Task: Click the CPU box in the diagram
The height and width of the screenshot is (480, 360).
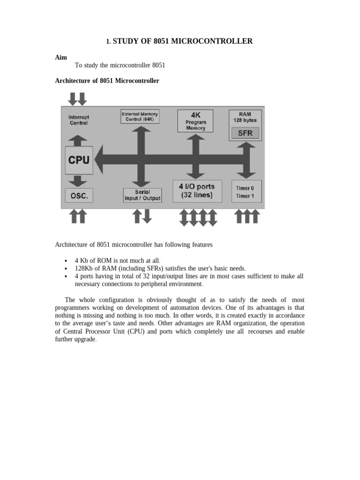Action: coord(78,160)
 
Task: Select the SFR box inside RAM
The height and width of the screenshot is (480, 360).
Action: coord(245,133)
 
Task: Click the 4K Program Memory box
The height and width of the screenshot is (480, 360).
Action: coord(195,120)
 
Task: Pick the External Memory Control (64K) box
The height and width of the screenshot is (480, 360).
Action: coord(140,116)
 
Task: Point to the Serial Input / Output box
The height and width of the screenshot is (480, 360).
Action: coord(142,195)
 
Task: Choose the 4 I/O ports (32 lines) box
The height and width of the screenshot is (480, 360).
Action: coord(196,191)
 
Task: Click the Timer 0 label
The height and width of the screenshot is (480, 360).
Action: coord(245,188)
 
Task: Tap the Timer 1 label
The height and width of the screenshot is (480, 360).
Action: coord(245,196)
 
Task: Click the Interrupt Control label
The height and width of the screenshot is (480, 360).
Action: coord(78,120)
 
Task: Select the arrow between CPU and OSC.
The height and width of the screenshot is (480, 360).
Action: coord(78,181)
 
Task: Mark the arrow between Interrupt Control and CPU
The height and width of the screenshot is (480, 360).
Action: coord(78,140)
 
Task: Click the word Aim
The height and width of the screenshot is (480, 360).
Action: coord(61,58)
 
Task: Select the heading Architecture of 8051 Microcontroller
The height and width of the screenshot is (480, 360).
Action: coord(107,81)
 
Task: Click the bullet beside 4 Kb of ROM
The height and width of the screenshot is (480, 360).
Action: coord(65,260)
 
